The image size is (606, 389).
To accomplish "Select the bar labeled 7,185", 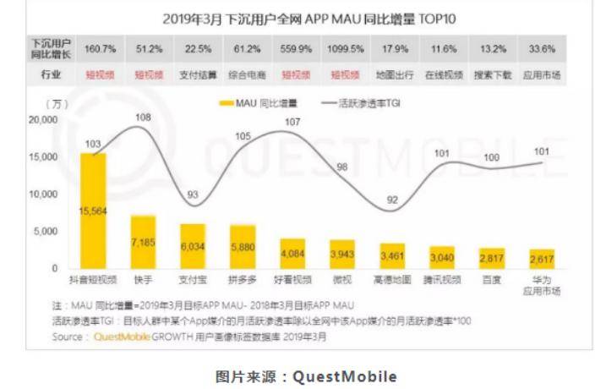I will click(143, 242).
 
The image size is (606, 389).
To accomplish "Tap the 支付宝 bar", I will click(193, 246).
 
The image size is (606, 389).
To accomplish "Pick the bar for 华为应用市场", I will click(541, 259).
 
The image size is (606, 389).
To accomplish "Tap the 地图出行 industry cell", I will click(393, 74).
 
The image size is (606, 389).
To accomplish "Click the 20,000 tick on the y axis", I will click(42, 120).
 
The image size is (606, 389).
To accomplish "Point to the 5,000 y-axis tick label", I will click(46, 231).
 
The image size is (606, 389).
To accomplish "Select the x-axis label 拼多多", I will click(243, 278).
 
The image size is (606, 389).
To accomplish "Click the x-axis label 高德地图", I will click(392, 278).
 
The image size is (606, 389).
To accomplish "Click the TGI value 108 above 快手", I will click(143, 117).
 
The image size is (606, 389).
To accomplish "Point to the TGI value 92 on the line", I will click(392, 200).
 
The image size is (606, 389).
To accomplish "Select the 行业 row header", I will click(51, 74).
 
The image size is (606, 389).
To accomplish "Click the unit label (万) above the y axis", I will click(57, 104).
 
